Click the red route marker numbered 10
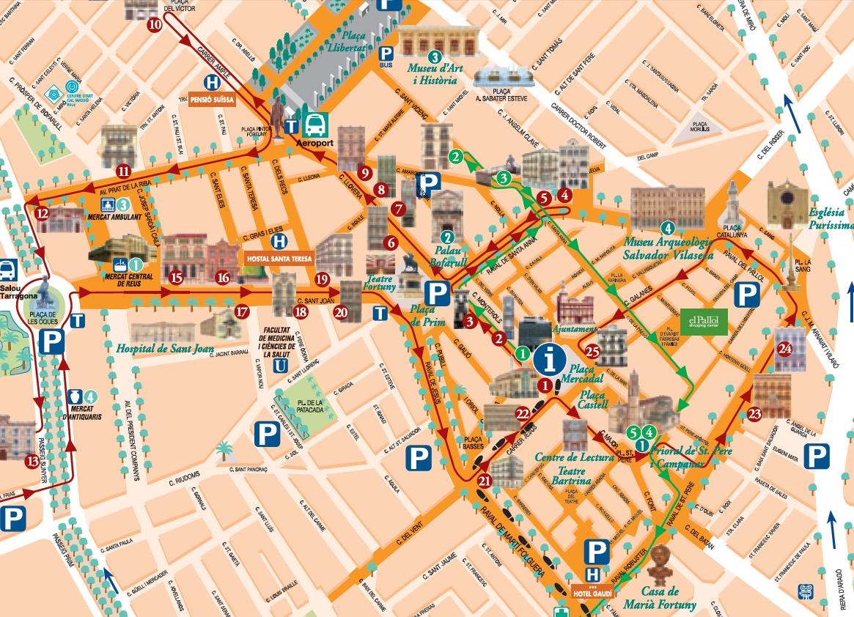tap(155, 24)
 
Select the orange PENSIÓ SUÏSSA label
tap(212, 100)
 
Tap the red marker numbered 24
tap(786, 347)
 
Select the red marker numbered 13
tap(32, 461)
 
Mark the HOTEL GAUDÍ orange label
tap(592, 592)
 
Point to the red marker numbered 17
tap(243, 311)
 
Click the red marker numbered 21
tap(484, 481)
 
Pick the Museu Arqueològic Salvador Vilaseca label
tap(667, 248)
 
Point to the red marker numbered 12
tap(42, 214)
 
